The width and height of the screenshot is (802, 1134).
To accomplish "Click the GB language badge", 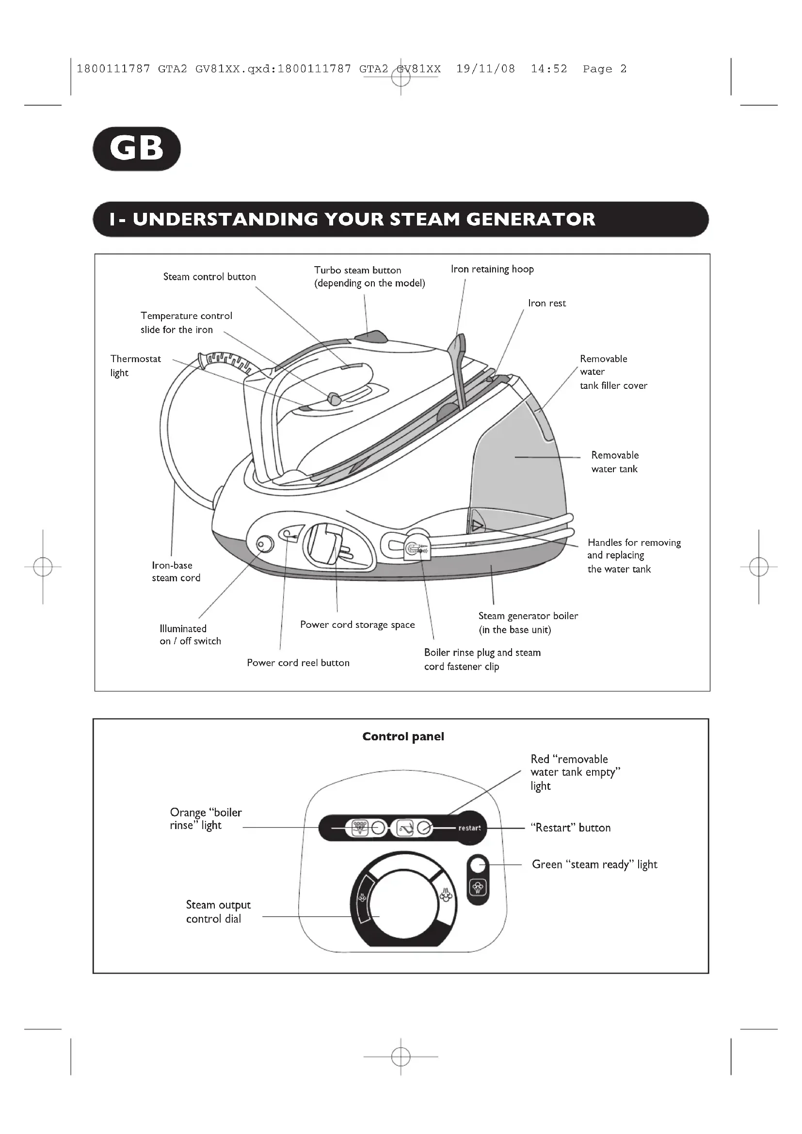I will pos(137,149).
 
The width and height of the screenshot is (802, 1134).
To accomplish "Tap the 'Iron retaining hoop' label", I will pos(492,269).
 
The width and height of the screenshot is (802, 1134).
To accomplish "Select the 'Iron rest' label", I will pos(546,303).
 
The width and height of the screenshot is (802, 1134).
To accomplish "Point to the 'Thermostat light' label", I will pos(135,366).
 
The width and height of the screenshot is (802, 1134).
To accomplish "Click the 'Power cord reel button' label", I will pos(298,663).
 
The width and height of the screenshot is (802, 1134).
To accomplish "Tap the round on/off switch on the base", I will pos(265,544).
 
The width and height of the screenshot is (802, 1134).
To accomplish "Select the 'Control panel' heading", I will pos(403,736).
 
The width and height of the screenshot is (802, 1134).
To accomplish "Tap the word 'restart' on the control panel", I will pos(469,828).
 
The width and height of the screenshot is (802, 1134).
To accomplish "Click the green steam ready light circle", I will pos(478,865).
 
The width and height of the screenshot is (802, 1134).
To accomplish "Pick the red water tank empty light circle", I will pos(424,828).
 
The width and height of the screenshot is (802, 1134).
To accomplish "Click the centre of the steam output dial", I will pos(403,903).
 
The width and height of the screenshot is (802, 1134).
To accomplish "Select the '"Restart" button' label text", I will pos(570,828).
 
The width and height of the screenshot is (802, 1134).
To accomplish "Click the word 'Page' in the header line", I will pos(597,69).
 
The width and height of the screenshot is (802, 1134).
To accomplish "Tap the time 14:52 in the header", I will pos(549,69).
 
